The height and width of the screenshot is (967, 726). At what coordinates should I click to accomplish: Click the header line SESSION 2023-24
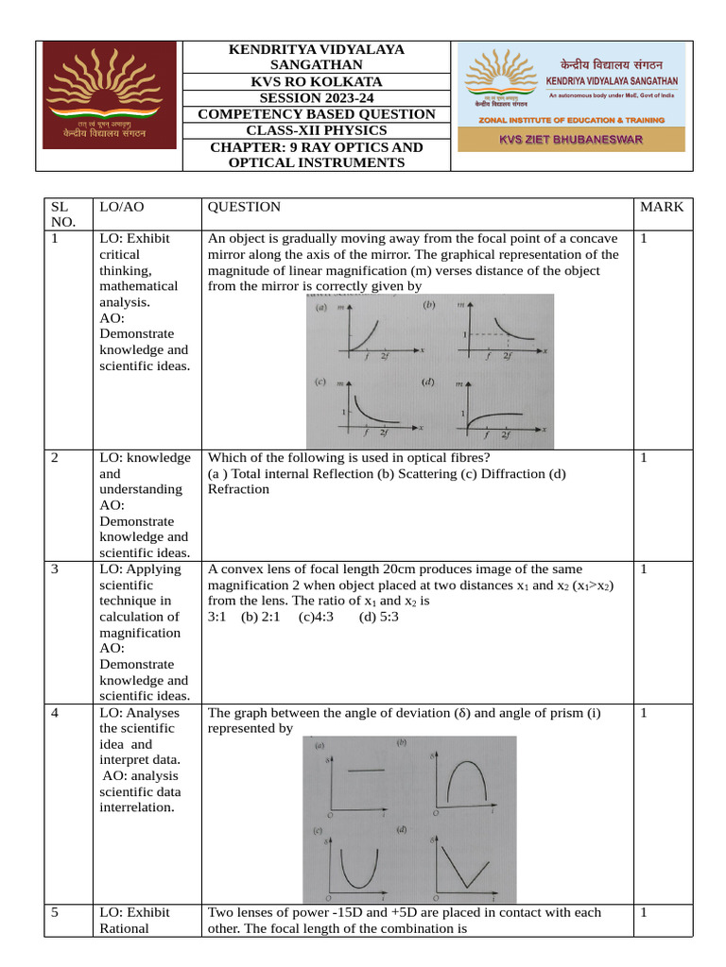pos(317,98)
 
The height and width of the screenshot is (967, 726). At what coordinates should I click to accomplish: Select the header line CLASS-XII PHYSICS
pos(317,130)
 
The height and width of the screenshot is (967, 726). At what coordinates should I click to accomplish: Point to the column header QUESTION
pos(244,207)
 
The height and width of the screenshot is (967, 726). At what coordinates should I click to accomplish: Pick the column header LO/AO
pos(120,207)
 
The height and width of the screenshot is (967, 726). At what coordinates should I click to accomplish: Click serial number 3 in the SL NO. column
pos(55,569)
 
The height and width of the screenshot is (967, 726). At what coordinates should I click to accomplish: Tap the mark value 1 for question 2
pos(644,458)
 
